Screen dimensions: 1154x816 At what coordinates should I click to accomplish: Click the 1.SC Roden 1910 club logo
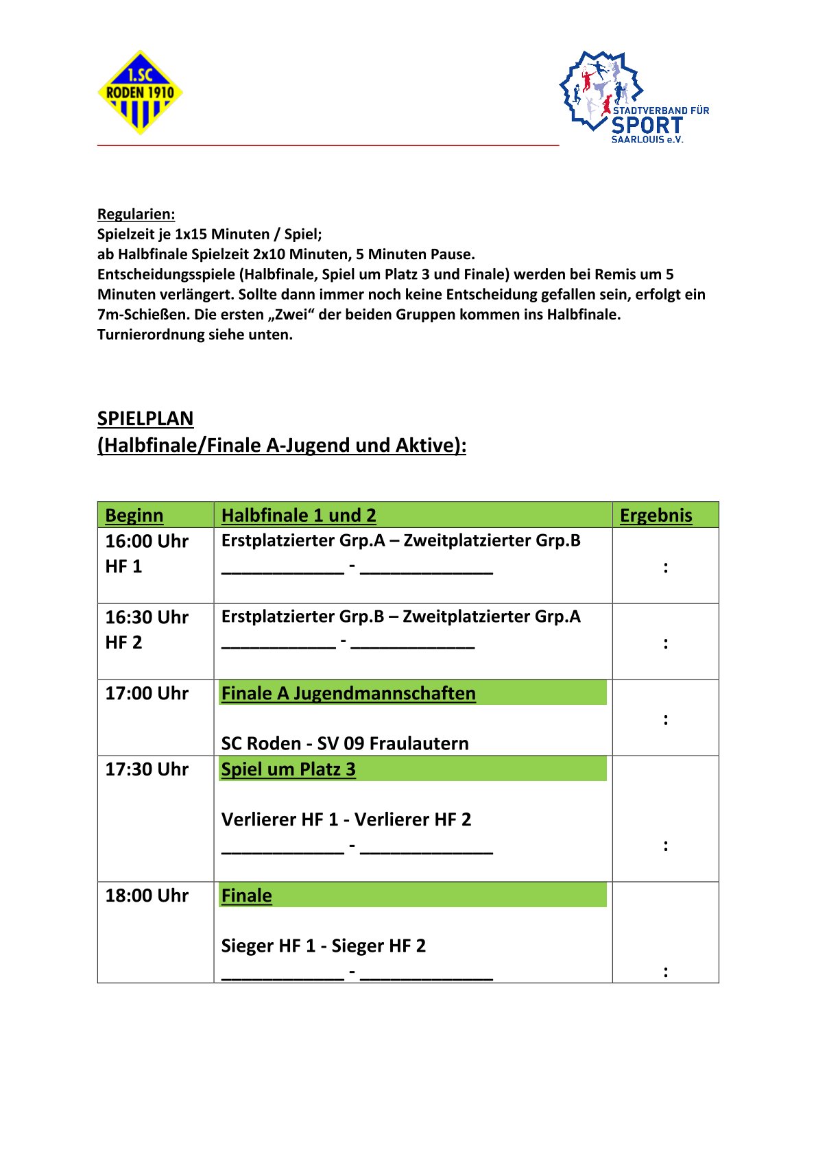[x=140, y=93]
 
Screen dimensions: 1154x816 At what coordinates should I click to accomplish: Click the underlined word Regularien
[x=136, y=214]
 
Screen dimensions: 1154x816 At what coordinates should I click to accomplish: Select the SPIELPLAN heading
[x=145, y=418]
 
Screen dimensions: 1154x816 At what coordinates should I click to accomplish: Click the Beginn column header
[x=134, y=516]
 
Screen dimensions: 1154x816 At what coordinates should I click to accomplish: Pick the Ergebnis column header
[x=656, y=516]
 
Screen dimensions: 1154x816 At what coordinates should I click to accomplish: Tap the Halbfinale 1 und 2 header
[x=298, y=516]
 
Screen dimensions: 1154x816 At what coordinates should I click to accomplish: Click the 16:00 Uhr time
[x=147, y=541]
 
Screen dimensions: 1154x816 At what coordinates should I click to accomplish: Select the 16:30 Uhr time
[x=147, y=617]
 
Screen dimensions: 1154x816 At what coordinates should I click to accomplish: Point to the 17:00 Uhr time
[x=147, y=693]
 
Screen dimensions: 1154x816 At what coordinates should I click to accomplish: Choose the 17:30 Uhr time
[x=147, y=769]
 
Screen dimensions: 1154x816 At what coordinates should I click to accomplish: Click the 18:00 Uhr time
[x=147, y=895]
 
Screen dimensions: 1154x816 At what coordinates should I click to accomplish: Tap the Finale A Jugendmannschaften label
[x=348, y=693]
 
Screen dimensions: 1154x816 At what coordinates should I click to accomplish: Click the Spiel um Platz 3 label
[x=288, y=769]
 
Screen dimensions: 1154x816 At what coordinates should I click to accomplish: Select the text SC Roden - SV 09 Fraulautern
[x=345, y=743]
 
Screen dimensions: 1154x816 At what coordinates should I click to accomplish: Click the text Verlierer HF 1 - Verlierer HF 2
[x=346, y=819]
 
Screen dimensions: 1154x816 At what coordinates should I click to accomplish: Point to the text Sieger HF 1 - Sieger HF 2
[x=323, y=946]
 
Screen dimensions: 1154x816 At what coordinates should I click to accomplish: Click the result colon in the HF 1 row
[x=665, y=567]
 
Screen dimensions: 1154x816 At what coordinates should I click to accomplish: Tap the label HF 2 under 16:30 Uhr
[x=123, y=642]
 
